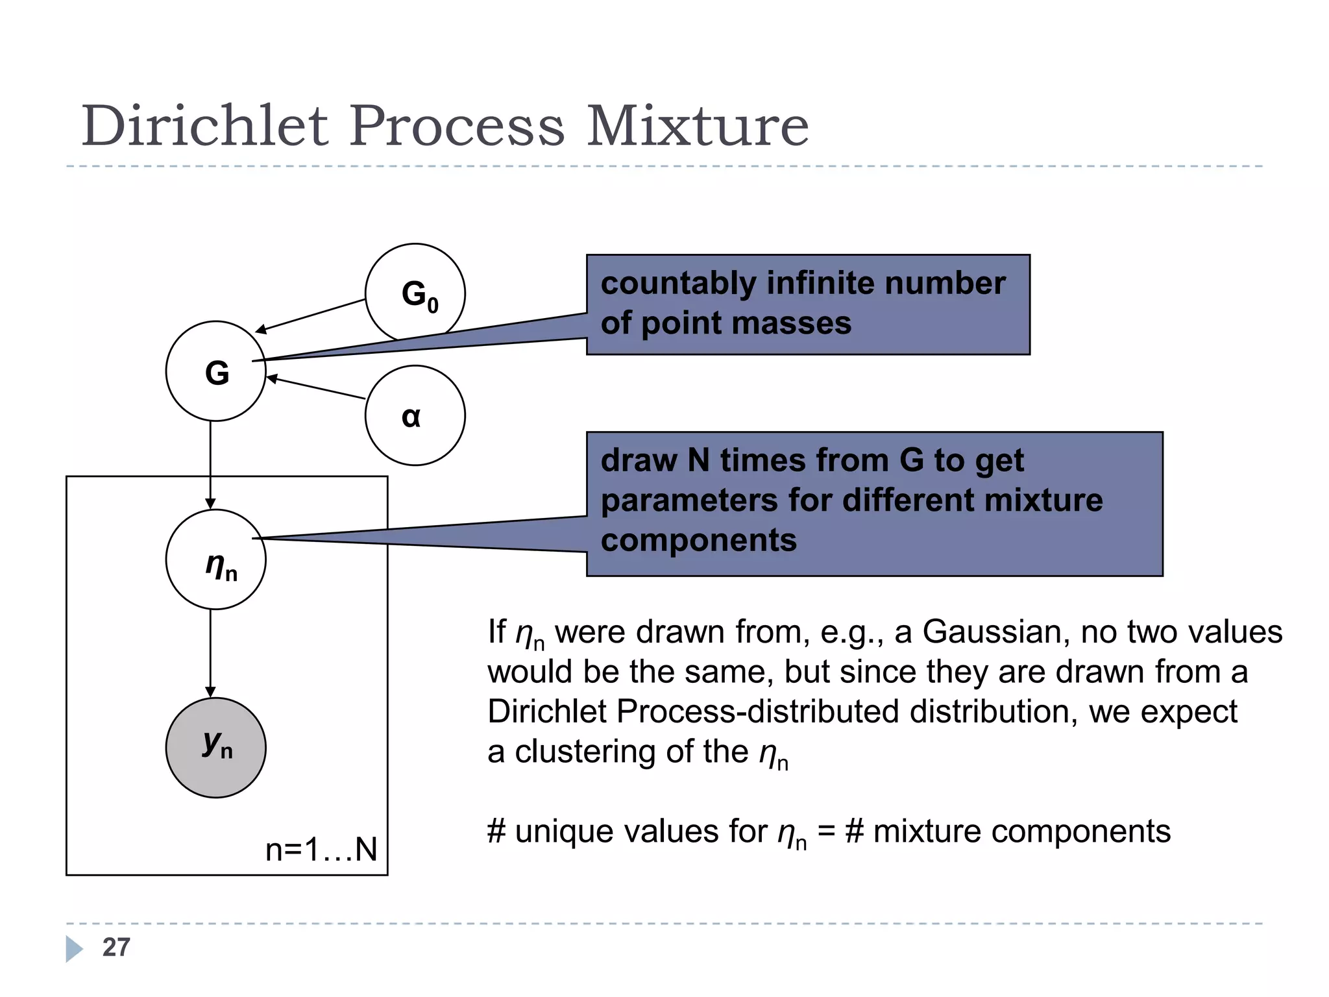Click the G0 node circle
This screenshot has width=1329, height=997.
[x=415, y=293]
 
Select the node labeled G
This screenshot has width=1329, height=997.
[x=216, y=371]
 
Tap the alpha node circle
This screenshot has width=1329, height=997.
[x=415, y=415]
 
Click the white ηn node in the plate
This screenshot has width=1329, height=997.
[x=216, y=560]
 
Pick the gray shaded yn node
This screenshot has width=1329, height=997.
[x=216, y=748]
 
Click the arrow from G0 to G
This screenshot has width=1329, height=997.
[x=311, y=316]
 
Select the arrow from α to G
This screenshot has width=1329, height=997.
[x=316, y=388]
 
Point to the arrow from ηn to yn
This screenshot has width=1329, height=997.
[x=210, y=652]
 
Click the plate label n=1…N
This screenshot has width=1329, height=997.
[x=321, y=849]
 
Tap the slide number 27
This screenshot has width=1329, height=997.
[x=116, y=947]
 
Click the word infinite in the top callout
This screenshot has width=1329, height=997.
[x=820, y=283]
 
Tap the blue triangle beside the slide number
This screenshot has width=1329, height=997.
[x=74, y=948]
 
